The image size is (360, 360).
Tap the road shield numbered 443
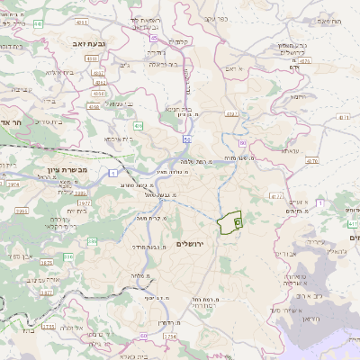point(38,24)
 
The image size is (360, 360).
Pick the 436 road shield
point(138,126)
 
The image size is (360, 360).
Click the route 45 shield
point(154,39)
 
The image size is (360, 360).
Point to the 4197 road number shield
point(232,113)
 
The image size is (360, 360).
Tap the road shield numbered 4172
point(275,195)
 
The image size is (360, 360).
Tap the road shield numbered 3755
point(49,327)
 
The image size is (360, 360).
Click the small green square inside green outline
point(238,220)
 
